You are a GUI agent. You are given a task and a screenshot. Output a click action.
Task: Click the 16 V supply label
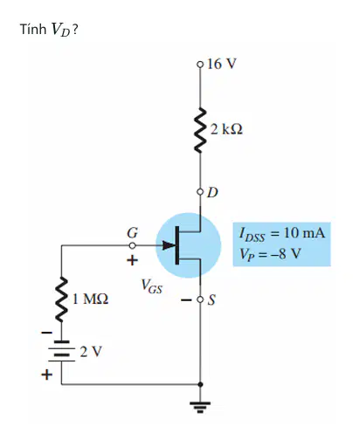point(222,64)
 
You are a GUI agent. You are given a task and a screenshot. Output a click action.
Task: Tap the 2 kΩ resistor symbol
point(200,130)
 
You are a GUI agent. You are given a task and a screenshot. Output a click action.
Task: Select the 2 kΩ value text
point(226,129)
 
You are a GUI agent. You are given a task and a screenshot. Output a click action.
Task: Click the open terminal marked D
point(200,192)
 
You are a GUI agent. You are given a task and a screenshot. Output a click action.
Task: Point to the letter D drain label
point(212,192)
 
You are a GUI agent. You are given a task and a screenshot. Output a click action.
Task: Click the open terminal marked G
point(132,245)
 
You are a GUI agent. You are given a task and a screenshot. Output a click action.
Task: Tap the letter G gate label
point(133,232)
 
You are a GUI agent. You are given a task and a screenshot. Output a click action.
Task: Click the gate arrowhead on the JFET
point(169,245)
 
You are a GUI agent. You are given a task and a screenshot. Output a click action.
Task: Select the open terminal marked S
point(200,299)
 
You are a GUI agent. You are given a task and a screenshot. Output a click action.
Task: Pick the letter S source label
point(211,299)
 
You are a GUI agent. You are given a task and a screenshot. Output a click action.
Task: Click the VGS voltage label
point(151,286)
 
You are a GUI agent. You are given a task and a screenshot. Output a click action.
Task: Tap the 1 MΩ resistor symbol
point(61,299)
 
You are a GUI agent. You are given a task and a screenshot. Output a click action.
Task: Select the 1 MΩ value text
point(90,299)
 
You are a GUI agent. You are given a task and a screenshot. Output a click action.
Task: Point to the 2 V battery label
point(91,352)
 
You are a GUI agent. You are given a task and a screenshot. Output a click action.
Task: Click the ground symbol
point(200,407)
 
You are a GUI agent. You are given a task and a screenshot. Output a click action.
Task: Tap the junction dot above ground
point(200,384)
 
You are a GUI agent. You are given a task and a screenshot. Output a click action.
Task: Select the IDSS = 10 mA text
point(281,234)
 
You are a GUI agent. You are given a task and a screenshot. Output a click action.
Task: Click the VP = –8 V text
point(270,254)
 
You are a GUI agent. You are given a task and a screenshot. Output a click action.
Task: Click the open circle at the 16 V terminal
point(200,64)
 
